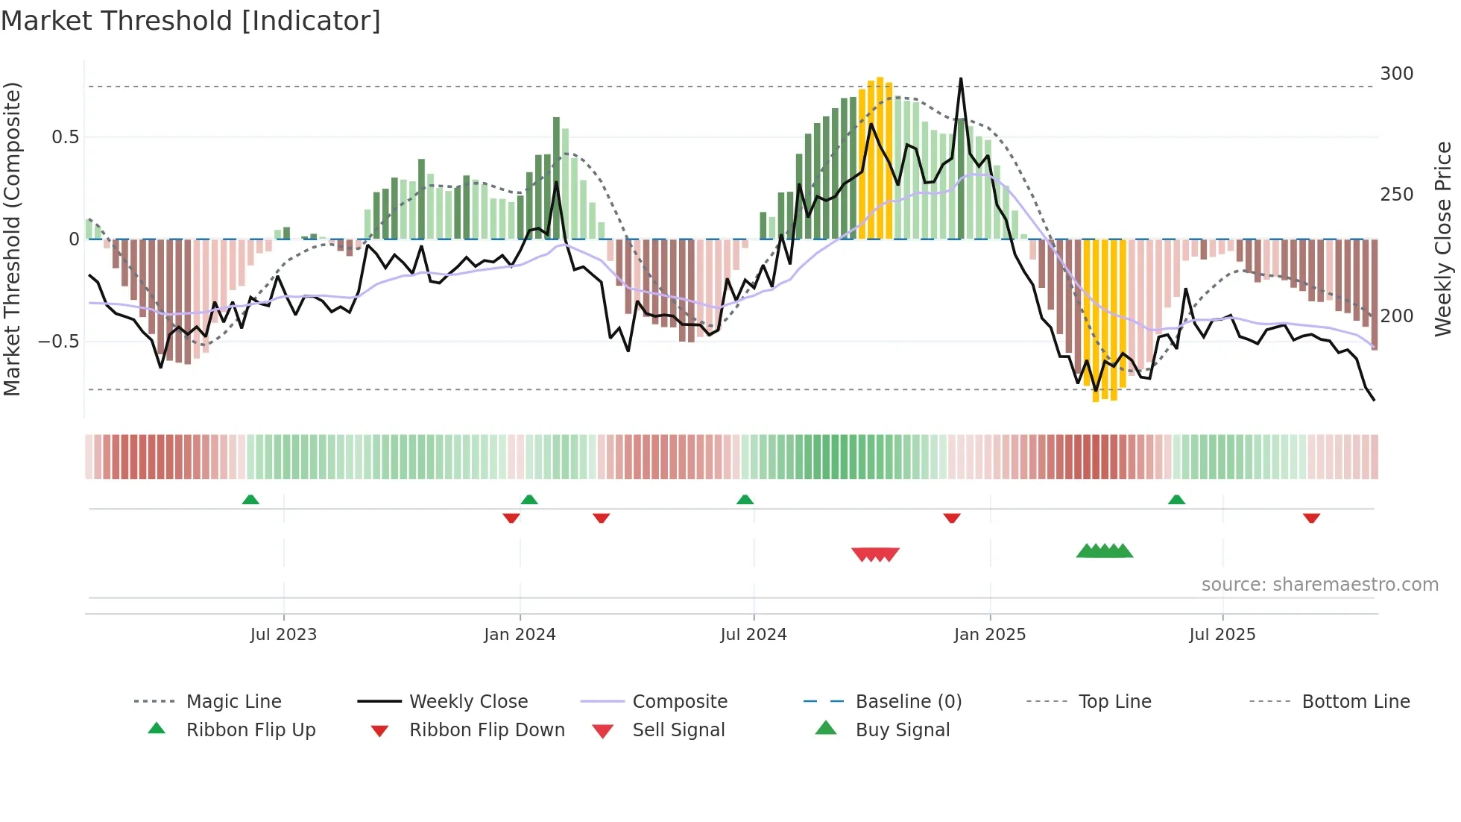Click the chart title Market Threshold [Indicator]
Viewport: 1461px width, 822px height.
pyautogui.click(x=191, y=21)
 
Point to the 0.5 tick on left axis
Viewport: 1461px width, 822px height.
pyautogui.click(x=65, y=137)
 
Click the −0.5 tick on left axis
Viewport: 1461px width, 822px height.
pyautogui.click(x=59, y=342)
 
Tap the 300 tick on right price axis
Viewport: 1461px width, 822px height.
pyautogui.click(x=1396, y=74)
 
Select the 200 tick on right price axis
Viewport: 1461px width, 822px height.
pyautogui.click(x=1396, y=316)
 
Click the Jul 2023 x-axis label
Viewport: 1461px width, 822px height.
pyautogui.click(x=283, y=635)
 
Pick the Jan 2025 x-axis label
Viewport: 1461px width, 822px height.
pyautogui.click(x=989, y=635)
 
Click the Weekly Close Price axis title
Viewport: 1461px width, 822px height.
pyautogui.click(x=1443, y=239)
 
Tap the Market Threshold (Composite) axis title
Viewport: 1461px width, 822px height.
pyautogui.click(x=12, y=239)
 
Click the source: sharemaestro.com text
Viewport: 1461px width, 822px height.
pyautogui.click(x=1319, y=585)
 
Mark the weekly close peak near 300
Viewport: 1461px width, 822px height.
pyautogui.click(x=961, y=79)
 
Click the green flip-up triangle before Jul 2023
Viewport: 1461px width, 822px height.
pyautogui.click(x=250, y=500)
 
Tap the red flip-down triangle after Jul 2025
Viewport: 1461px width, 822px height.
pyautogui.click(x=1311, y=518)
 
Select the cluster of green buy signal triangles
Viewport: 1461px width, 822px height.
pyautogui.click(x=1104, y=551)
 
